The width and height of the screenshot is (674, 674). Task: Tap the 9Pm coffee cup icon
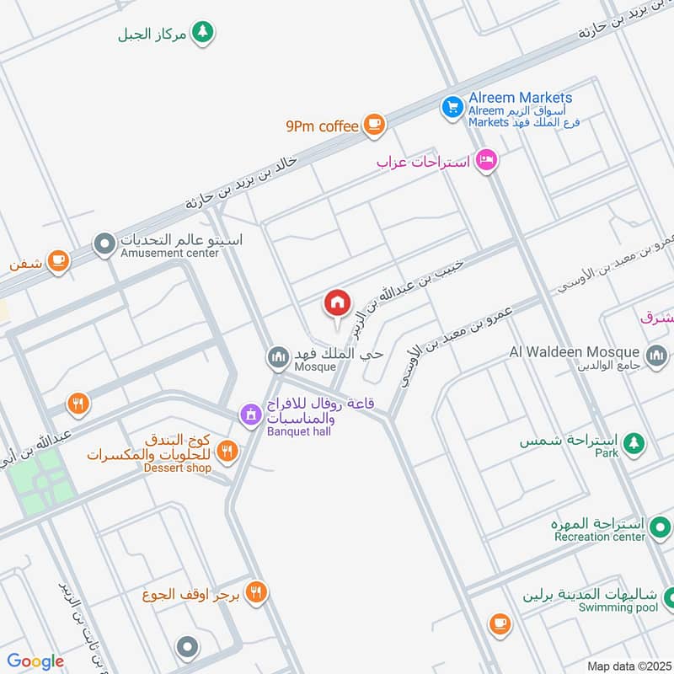point(374,126)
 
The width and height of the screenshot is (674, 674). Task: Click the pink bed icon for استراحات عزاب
point(486,159)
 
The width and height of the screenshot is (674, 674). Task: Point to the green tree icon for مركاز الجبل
point(202,33)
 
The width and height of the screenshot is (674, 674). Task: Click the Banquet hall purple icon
point(249,415)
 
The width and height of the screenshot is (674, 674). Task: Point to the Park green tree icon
point(634,441)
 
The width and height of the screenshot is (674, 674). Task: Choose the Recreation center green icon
point(659,529)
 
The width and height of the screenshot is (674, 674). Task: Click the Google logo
point(35,661)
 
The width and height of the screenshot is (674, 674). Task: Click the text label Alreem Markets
point(521,98)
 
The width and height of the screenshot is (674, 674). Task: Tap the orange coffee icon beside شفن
point(57,259)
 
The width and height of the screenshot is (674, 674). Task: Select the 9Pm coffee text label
point(322,126)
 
